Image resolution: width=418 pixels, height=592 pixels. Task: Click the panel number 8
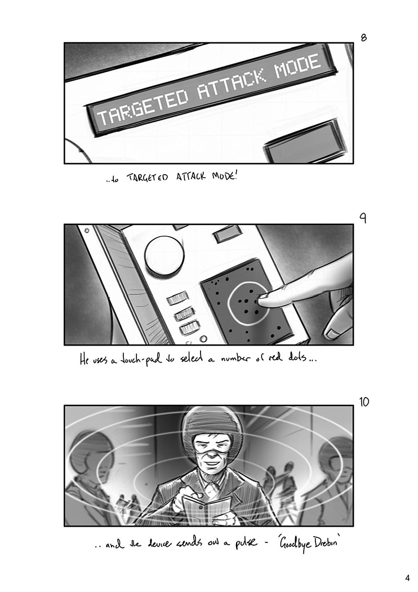pyautogui.click(x=364, y=37)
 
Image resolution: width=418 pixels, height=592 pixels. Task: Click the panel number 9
pyautogui.click(x=363, y=218)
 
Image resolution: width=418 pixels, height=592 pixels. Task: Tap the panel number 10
pyautogui.click(x=364, y=401)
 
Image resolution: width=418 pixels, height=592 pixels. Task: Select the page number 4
pyautogui.click(x=407, y=578)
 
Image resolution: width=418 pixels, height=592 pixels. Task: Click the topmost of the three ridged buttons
pyautogui.click(x=177, y=299)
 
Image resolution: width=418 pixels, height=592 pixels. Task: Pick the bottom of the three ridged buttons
pyautogui.click(x=190, y=328)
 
